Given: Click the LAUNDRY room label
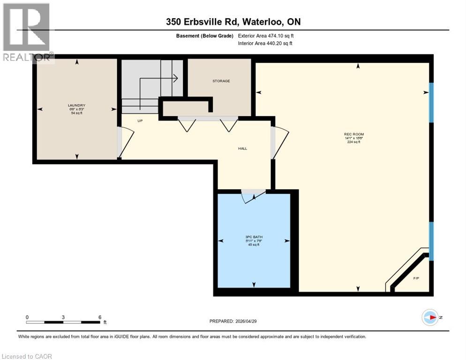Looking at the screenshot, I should point(77,105).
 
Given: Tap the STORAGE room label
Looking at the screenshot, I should point(221,81).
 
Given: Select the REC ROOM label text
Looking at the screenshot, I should point(353,135).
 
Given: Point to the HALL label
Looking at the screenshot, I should point(242,149).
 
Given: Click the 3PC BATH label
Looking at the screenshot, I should point(254,237).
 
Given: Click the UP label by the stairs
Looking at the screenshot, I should point(140,120).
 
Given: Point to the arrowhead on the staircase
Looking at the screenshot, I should point(175,78).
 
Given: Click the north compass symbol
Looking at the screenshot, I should point(430,317).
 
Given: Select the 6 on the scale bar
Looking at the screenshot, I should point(99,317).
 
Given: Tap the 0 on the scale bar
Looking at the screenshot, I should point(27,317).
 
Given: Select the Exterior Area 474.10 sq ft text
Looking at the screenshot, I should point(266,36).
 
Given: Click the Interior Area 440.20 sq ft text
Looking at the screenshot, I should point(266,44).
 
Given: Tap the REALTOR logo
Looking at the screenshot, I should point(27,33).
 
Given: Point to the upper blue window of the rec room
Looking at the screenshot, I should point(431,103).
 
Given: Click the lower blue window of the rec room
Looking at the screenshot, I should point(431,241).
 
